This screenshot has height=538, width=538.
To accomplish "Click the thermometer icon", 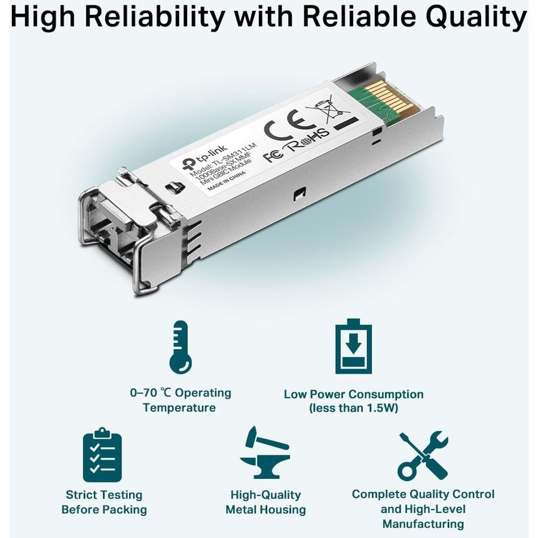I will point(180,347).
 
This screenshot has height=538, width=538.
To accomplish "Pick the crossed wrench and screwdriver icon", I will point(423,456).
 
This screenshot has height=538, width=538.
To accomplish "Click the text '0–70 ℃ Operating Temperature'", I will point(180,400).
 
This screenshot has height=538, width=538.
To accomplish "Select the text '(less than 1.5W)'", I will point(353,408).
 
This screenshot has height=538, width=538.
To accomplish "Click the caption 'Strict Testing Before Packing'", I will point(104,502).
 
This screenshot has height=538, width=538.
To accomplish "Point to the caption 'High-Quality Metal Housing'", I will point(265,502).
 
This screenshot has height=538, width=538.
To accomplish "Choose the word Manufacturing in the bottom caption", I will point(423,524).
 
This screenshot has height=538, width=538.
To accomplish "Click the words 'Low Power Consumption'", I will point(353,394).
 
